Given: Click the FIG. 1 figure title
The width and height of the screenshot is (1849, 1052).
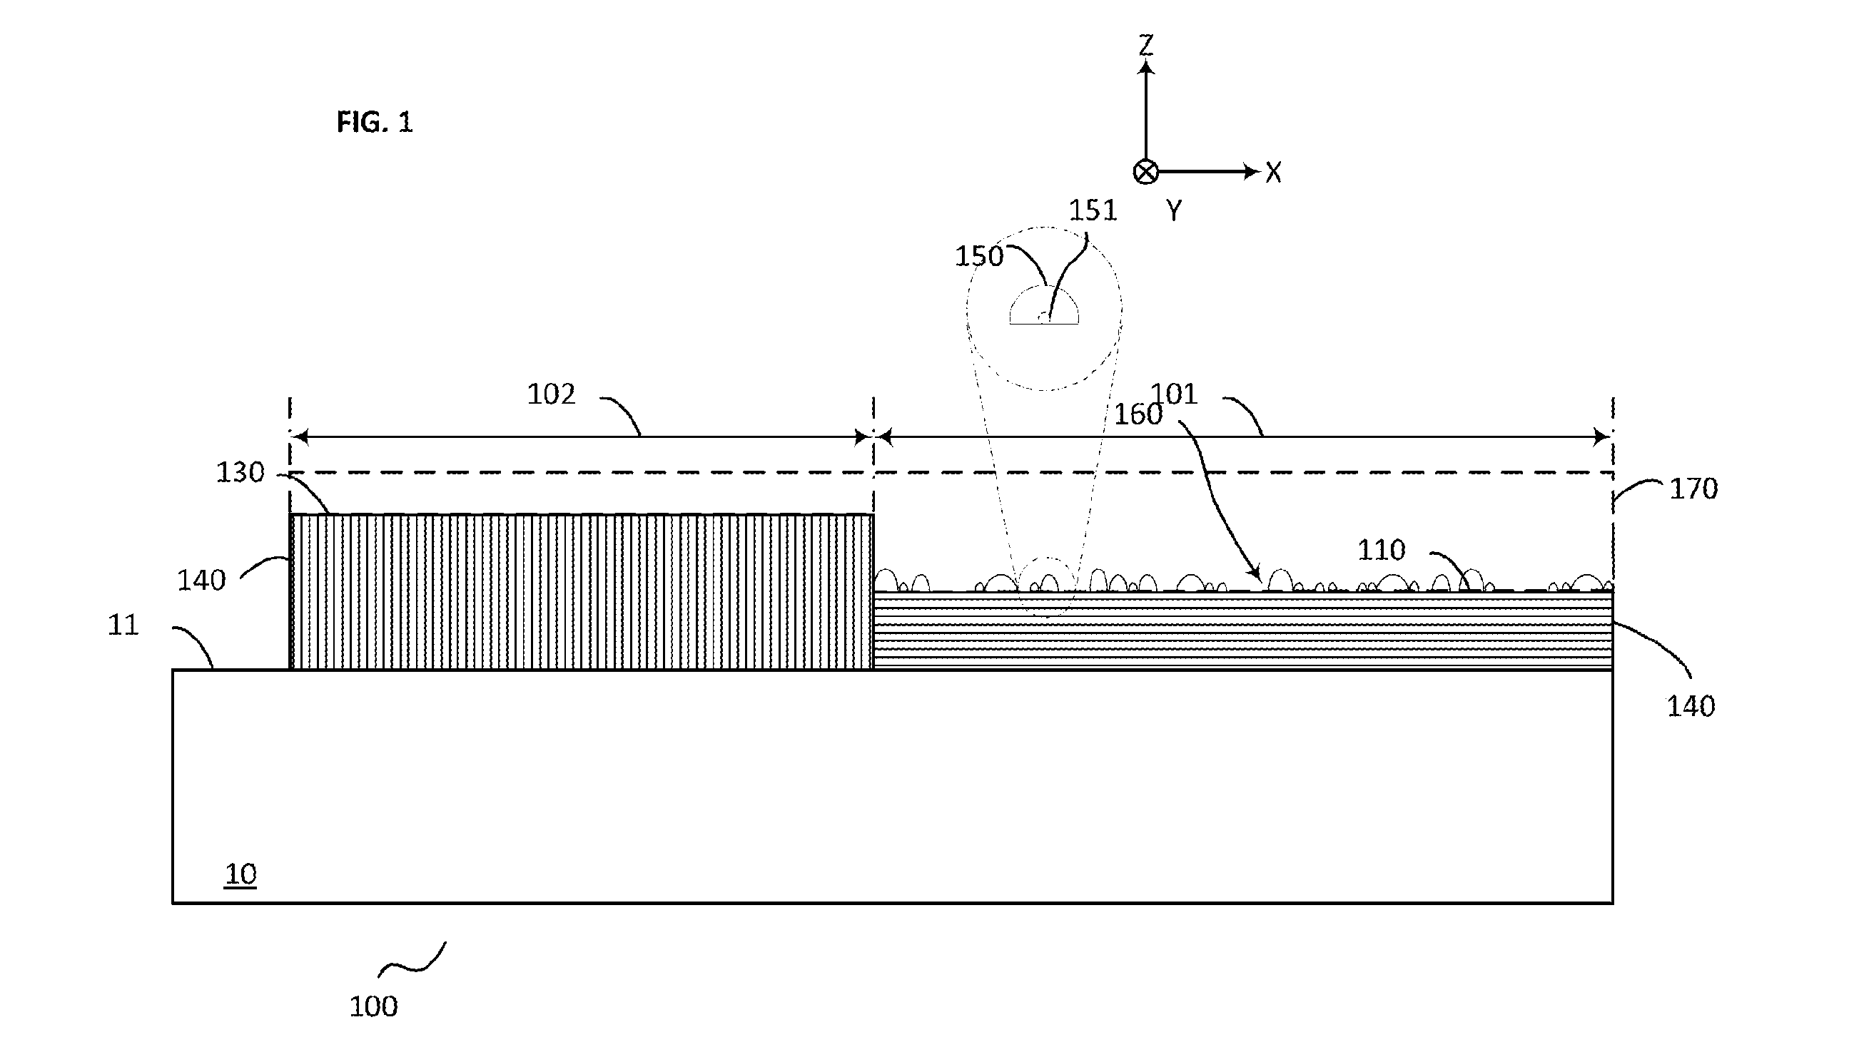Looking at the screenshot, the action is point(375,122).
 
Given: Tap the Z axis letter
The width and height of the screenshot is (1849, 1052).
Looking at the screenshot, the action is point(1145,46).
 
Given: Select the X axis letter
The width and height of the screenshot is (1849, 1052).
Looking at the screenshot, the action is point(1273,173).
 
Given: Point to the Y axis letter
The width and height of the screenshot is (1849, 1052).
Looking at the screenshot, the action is point(1174,210).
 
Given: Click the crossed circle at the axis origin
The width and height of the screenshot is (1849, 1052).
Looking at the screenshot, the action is point(1145,172).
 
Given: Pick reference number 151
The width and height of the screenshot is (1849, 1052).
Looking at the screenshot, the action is point(1093,210).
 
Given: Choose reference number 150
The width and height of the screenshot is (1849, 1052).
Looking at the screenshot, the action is point(979,256).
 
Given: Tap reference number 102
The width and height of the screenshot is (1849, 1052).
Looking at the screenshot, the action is point(551,394).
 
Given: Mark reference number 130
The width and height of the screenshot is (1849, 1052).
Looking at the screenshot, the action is point(240,473).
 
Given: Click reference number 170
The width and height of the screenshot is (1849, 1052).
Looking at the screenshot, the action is point(1693,489).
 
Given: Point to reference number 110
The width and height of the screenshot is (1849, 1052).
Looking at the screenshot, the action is point(1382,550).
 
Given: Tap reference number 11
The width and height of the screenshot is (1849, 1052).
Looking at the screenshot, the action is point(123,625).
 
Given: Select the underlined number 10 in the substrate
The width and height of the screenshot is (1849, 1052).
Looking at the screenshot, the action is point(240,874).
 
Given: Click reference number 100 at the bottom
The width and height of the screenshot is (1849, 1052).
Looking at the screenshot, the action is point(374,1006).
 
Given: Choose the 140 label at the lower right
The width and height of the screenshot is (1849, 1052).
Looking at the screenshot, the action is point(1691,706).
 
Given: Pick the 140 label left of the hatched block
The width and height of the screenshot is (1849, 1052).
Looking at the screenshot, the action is point(202,580).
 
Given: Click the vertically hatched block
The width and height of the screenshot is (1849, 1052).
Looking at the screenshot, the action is point(581,592).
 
